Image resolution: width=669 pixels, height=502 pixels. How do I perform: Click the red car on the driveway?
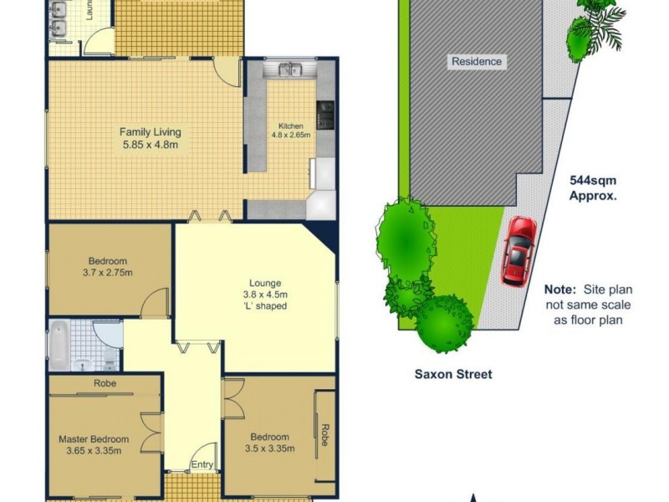[x=518, y=251]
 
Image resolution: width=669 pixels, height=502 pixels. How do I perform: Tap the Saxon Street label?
[x=453, y=374]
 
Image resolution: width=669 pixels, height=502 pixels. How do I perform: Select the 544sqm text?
[x=593, y=179]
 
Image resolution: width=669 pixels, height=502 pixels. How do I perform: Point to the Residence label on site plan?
[x=477, y=61]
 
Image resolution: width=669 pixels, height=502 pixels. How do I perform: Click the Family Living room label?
[x=151, y=131]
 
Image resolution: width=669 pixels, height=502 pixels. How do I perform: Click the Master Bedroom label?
[x=94, y=439]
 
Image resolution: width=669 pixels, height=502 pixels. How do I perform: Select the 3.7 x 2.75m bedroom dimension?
[x=107, y=273]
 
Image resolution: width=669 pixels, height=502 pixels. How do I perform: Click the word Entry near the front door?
[x=202, y=465]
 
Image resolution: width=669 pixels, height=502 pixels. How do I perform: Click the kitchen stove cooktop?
[x=325, y=115]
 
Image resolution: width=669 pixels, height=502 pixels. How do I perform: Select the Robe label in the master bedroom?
[x=105, y=383]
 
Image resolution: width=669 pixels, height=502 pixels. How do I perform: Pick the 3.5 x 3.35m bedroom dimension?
[x=269, y=449]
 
